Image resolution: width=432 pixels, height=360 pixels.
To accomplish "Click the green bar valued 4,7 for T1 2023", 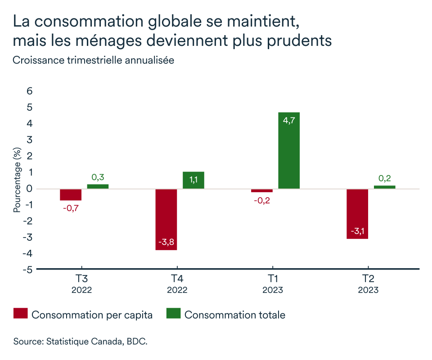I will pyautogui.click(x=289, y=150).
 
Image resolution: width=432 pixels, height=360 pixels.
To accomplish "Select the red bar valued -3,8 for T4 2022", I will pyautogui.click(x=166, y=219).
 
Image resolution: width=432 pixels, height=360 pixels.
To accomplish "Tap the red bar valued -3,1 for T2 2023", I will pyautogui.click(x=357, y=214).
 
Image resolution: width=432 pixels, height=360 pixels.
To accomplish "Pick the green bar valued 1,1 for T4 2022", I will pyautogui.click(x=193, y=180).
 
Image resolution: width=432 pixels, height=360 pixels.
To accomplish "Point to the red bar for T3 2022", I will pyautogui.click(x=71, y=194).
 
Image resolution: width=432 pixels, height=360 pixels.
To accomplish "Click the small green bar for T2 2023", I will pyautogui.click(x=384, y=187).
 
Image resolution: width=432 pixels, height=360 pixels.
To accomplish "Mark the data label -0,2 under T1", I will pyautogui.click(x=262, y=201).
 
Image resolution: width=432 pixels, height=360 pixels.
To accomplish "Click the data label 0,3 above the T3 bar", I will pyautogui.click(x=98, y=177).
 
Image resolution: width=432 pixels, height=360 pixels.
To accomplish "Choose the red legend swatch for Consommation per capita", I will pyautogui.click(x=21, y=314).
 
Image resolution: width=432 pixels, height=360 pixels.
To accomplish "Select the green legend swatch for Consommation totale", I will pyautogui.click(x=174, y=314).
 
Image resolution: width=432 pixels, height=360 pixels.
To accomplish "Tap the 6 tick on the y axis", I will pyautogui.click(x=30, y=91).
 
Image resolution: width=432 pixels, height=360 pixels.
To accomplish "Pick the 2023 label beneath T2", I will pyautogui.click(x=368, y=290).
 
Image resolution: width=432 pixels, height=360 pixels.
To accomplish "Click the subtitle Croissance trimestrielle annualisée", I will pyautogui.click(x=94, y=60).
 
